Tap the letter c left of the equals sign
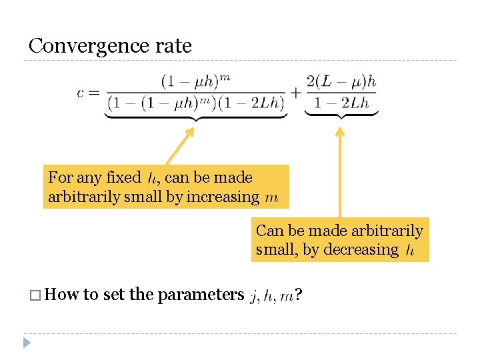pyautogui.click(x=81, y=92)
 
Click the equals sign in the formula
pyautogui.click(x=95, y=92)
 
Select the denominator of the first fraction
pyautogui.click(x=196, y=103)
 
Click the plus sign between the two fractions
pyautogui.click(x=295, y=92)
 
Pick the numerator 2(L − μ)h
pyautogui.click(x=341, y=81)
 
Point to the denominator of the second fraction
pyautogui.click(x=341, y=103)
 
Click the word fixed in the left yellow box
pyautogui.click(x=123, y=178)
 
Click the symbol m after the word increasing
pyautogui.click(x=271, y=198)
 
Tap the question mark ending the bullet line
pyautogui.click(x=299, y=295)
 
